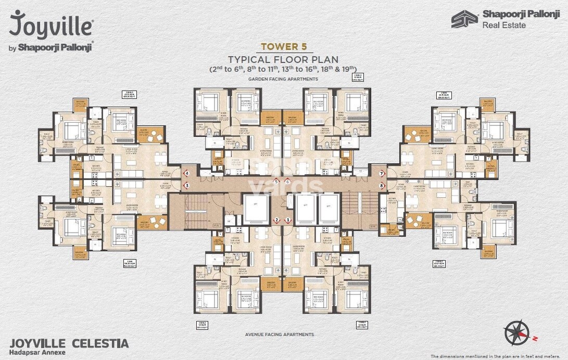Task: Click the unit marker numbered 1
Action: (x=287, y=220)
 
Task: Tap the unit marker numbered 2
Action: (x=277, y=220)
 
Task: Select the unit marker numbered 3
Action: (x=186, y=185)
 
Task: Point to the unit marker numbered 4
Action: (x=186, y=173)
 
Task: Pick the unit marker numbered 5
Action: (x=277, y=182)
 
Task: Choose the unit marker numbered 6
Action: (x=287, y=182)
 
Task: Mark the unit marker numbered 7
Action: (x=382, y=173)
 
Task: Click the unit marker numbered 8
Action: (x=382, y=185)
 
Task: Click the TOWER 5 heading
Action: (x=283, y=46)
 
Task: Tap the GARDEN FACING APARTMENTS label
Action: (x=283, y=79)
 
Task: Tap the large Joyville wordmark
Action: (x=51, y=25)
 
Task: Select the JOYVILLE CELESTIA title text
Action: (x=69, y=343)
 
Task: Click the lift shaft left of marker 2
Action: (x=255, y=209)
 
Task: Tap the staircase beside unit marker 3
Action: (x=190, y=211)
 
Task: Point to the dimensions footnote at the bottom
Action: (x=498, y=356)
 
